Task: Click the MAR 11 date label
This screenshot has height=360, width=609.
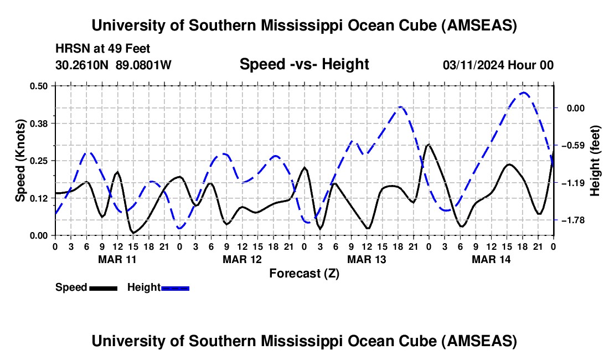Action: tap(117, 259)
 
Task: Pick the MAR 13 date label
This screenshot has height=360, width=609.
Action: tap(367, 259)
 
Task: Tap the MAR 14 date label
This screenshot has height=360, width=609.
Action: tap(491, 259)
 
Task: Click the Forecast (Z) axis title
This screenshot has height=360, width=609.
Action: tap(304, 273)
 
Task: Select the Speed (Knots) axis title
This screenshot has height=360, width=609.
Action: tap(20, 160)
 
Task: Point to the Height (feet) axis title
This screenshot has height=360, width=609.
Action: tap(595, 160)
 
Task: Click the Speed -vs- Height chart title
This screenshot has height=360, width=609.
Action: tap(304, 64)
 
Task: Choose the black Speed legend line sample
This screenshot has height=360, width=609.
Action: tap(102, 287)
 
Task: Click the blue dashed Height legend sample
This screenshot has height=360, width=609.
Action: tap(175, 287)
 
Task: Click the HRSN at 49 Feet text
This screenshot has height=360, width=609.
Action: tap(103, 49)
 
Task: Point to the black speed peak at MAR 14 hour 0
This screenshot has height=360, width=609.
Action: tap(429, 145)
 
